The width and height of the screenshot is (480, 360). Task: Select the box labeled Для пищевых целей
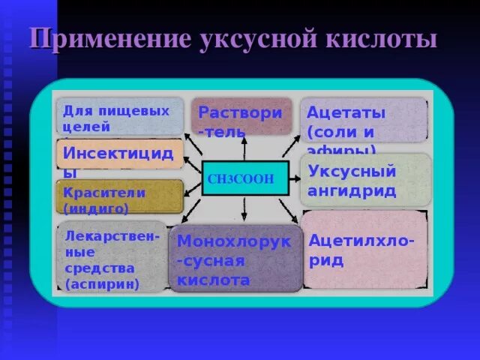click(120, 117)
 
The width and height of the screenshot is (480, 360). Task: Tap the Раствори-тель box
click(240, 117)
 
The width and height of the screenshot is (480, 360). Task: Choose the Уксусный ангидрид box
click(365, 180)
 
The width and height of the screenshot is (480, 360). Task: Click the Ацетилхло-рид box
click(365, 249)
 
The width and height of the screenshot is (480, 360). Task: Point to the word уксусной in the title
click(244, 39)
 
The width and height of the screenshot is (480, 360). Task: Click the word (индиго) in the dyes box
click(97, 208)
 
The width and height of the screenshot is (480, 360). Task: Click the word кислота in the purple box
click(213, 280)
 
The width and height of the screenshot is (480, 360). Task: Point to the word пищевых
click(136, 110)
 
